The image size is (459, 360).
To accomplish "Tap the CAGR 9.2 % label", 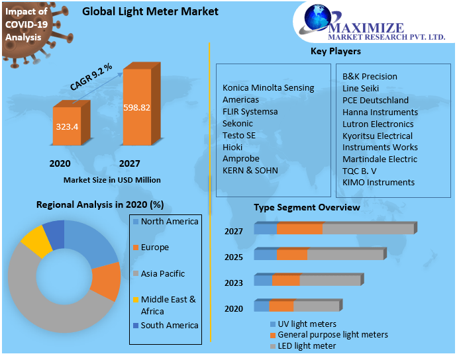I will [91, 76].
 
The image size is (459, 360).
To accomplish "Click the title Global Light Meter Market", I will [150, 12].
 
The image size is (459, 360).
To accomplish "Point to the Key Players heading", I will [335, 51].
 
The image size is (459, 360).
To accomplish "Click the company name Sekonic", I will [238, 123].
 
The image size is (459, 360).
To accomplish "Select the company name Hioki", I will [233, 147].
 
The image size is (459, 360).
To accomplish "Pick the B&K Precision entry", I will [370, 76].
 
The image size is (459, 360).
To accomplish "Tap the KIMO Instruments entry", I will [378, 182].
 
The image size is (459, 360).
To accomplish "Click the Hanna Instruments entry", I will [380, 112].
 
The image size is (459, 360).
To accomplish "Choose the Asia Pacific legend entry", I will [162, 273].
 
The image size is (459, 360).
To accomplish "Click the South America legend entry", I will [169, 325].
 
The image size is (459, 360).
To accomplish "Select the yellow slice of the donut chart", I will [36, 241].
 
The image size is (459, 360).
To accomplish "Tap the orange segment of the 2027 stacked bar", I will [299, 228].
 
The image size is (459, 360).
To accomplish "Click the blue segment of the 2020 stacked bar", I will [261, 306].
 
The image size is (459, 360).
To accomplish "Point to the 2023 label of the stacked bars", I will [234, 283].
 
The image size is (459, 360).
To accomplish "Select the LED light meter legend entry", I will [307, 345].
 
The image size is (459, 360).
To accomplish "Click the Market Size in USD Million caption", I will [112, 179].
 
